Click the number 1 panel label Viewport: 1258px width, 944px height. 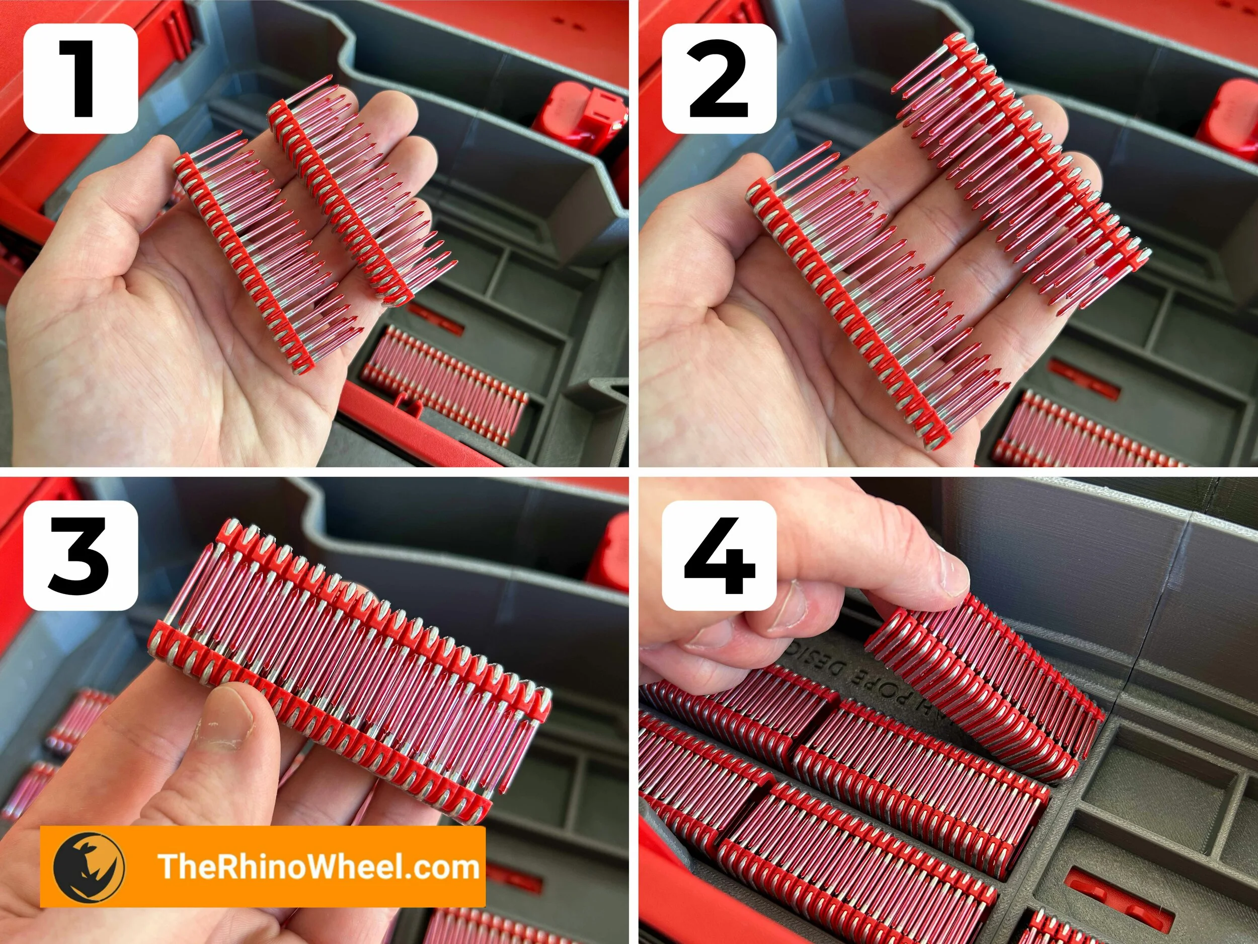80,79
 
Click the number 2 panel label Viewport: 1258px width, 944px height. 719,79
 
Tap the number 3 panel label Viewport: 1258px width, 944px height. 80,555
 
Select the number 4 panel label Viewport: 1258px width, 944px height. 719,555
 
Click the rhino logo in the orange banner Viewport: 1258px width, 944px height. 89,867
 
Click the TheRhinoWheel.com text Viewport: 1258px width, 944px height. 319,866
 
